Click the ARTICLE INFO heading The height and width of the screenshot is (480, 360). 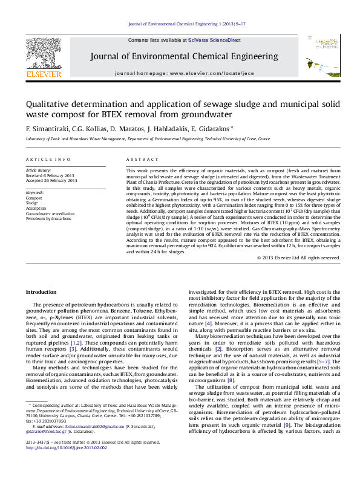[x=48, y=159]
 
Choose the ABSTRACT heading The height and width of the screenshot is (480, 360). [x=139, y=159]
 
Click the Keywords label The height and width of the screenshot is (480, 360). [x=35, y=192]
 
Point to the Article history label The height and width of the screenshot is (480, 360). [x=38, y=171]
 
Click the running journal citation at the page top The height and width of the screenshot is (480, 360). [x=180, y=24]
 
